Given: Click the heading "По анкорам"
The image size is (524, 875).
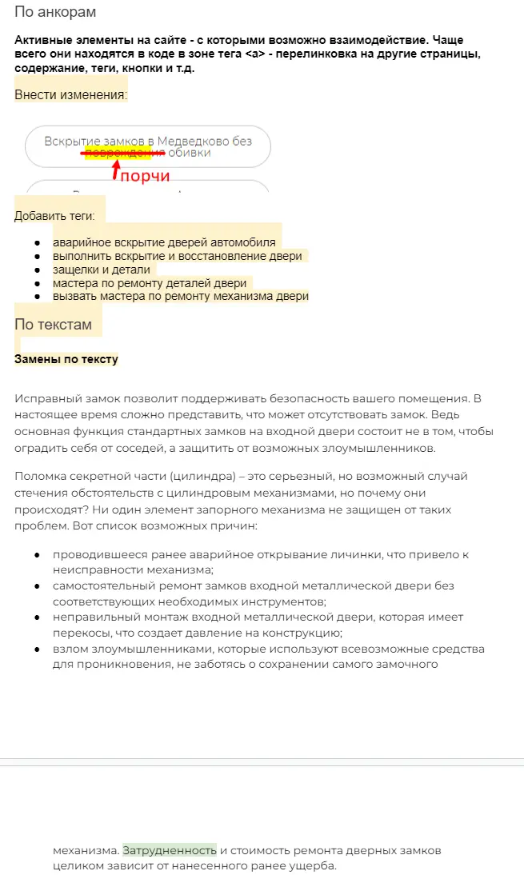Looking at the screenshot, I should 55,13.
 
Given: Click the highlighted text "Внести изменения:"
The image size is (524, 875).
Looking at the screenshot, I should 70,95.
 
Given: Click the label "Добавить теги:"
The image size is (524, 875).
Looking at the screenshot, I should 54,216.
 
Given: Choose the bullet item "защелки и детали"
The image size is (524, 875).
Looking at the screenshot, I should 101,270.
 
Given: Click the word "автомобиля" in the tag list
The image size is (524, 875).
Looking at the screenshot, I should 245,242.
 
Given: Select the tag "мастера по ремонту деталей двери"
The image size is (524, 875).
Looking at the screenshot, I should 150,283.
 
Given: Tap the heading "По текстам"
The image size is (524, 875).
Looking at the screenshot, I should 53,325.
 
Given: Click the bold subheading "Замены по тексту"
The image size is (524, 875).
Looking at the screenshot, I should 66,359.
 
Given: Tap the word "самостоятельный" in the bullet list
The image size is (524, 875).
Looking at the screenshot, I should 104,585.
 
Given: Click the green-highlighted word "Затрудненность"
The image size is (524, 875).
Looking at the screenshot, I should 170,849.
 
